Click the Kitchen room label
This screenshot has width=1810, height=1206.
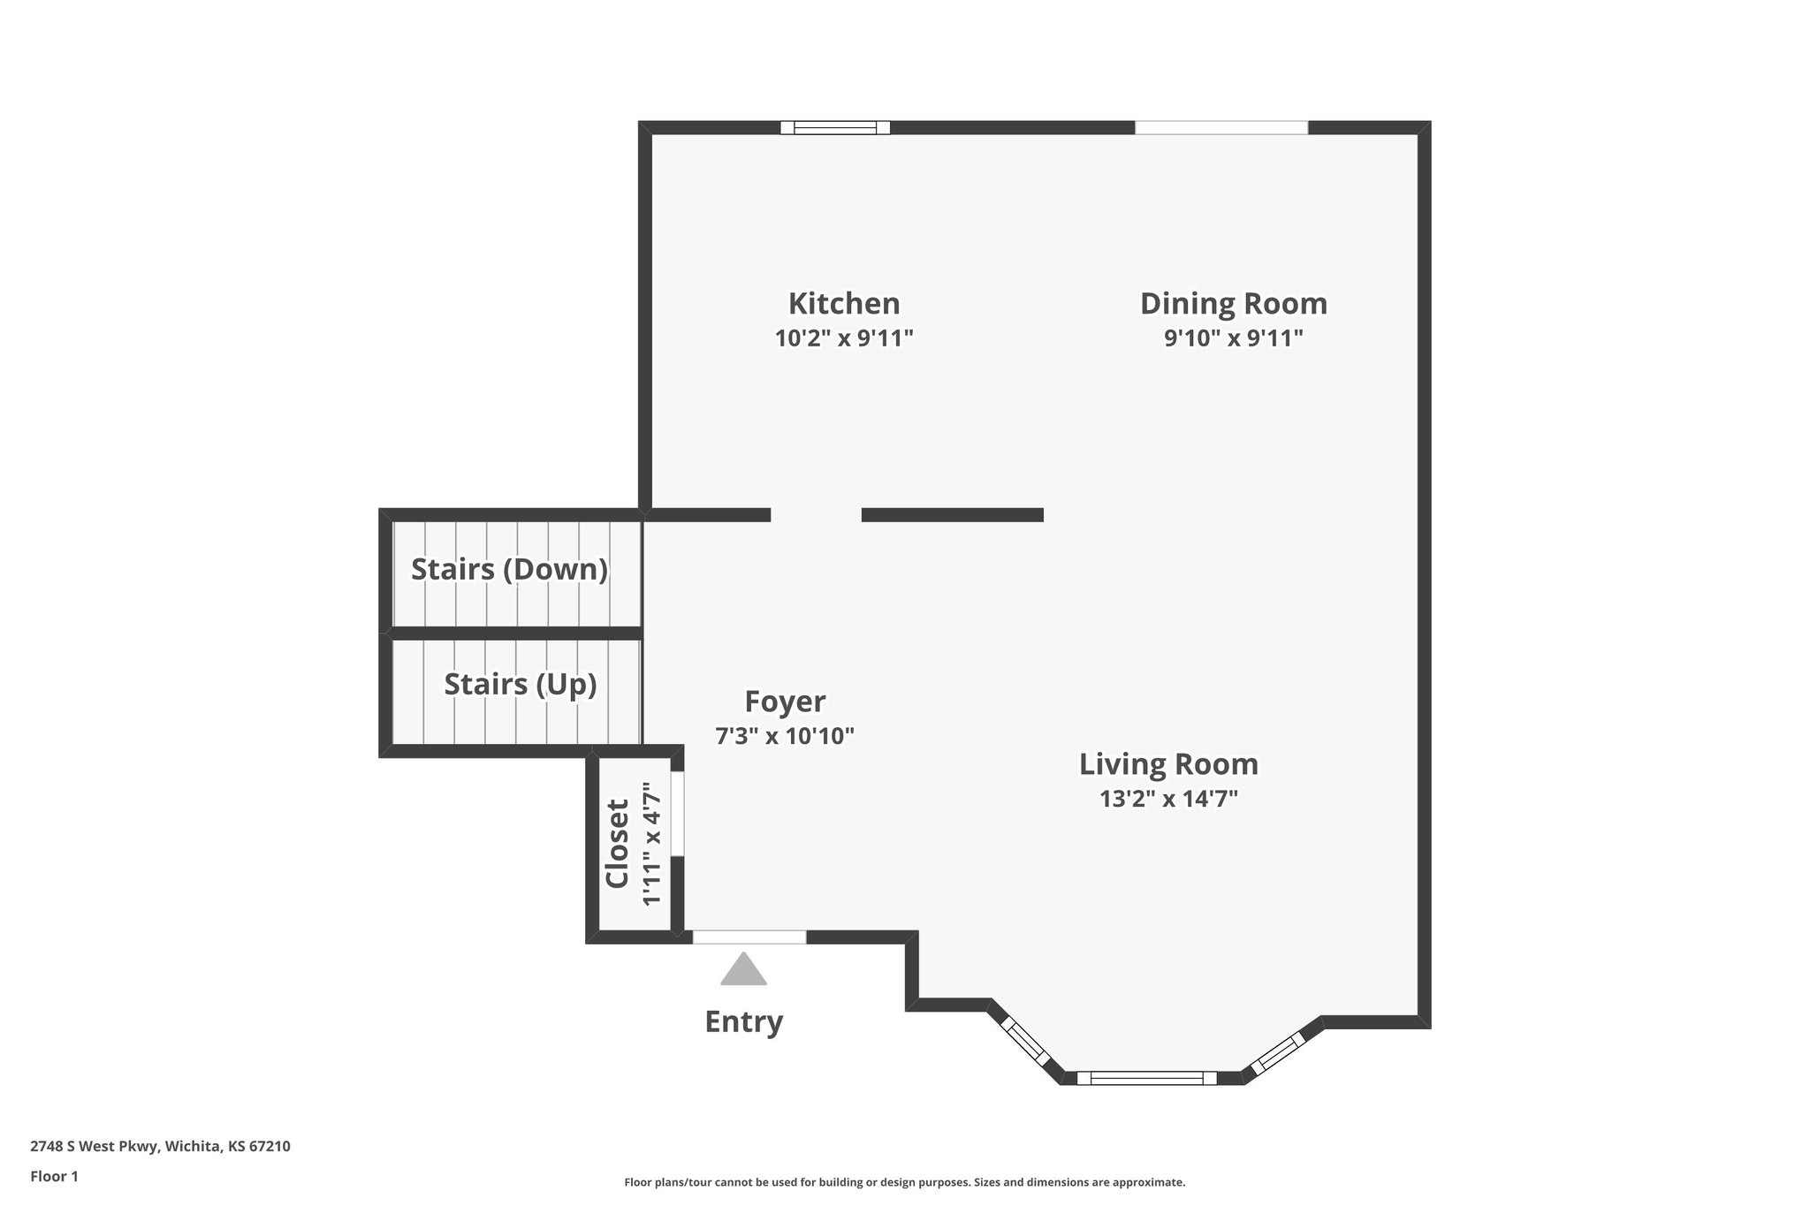coord(844,304)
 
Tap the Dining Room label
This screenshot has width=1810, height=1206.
coord(1233,304)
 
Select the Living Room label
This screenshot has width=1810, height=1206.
coord(1168,764)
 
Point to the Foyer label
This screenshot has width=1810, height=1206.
coord(785,702)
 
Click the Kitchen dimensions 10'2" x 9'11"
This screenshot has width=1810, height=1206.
coord(844,338)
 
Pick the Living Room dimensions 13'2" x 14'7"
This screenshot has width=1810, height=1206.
coord(1168,799)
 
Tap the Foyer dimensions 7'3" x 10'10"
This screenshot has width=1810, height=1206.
coord(785,736)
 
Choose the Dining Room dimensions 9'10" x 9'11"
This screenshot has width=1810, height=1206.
coord(1233,338)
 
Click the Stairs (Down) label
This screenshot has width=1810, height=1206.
coord(509,570)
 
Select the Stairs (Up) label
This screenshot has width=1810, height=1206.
coord(520,685)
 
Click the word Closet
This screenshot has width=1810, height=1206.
coord(617,844)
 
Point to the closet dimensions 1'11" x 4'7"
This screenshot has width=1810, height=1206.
coord(651,844)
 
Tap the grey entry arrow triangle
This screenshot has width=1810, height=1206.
coord(743,969)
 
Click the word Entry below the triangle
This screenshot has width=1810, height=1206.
coord(743,1021)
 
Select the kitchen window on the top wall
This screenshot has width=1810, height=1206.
coord(835,127)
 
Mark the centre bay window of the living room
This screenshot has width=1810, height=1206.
coord(1146,1077)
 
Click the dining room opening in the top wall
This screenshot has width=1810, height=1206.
coord(1221,127)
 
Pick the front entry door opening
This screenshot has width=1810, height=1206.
coord(749,937)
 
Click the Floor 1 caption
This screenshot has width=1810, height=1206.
coord(54,1176)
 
